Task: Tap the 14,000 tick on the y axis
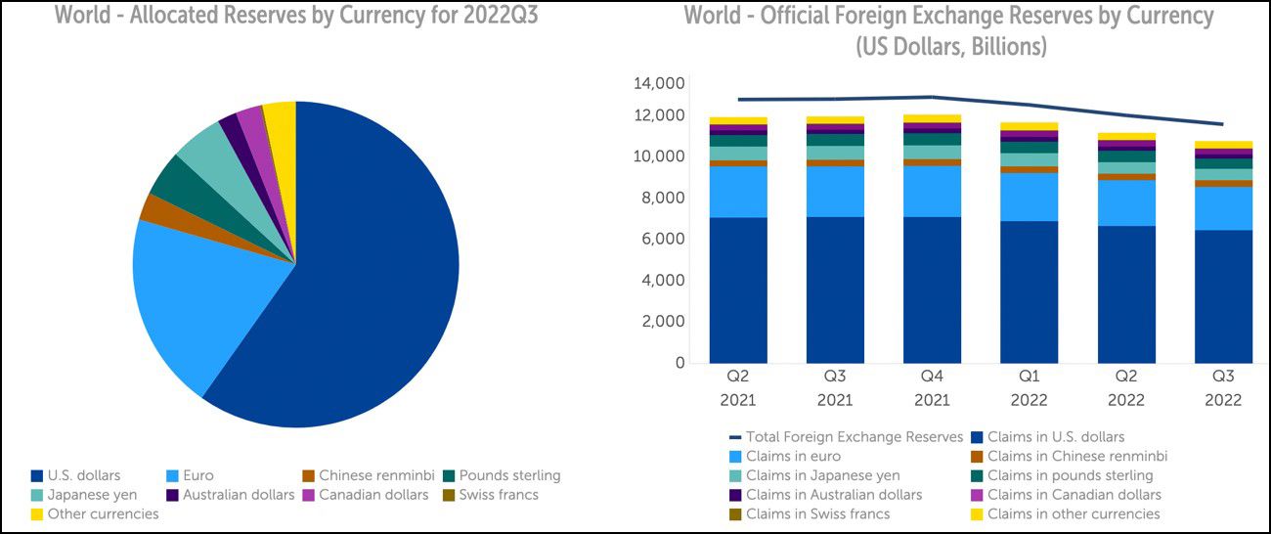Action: pos(659,84)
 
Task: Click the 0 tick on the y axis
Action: pos(678,363)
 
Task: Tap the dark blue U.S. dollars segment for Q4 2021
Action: pos(932,289)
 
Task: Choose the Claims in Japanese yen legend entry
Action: pos(822,475)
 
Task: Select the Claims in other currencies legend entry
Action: pos(1074,513)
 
